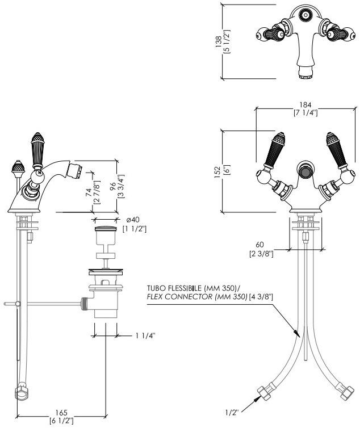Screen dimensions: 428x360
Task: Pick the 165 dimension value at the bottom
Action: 62,413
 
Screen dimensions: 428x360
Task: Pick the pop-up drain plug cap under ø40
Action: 106,231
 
